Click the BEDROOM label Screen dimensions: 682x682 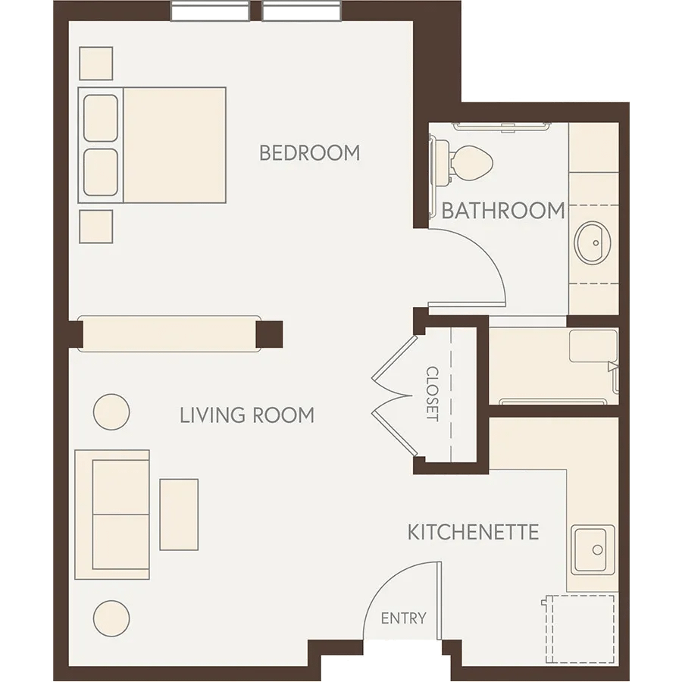pos(309,152)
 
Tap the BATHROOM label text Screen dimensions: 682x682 pos(503,211)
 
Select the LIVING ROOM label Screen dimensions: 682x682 pos(247,415)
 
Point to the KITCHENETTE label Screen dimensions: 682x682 pos(473,532)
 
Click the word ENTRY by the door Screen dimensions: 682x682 pos(404,618)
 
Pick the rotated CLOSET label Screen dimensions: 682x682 pos(433,394)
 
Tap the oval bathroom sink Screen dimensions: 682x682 pos(593,242)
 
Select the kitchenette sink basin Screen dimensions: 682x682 pos(593,550)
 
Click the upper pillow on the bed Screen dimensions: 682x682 pos(101,118)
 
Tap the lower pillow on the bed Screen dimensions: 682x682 pos(101,173)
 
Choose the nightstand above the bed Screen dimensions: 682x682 pos(96,64)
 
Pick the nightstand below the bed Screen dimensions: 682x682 pos(96,227)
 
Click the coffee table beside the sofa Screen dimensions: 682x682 pos(179,515)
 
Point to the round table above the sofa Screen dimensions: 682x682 pos(111,412)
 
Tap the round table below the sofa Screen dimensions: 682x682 pos(111,618)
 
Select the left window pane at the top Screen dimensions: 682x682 pos(210,11)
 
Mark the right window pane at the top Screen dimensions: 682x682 pos(302,11)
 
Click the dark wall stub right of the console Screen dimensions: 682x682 pos(269,334)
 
